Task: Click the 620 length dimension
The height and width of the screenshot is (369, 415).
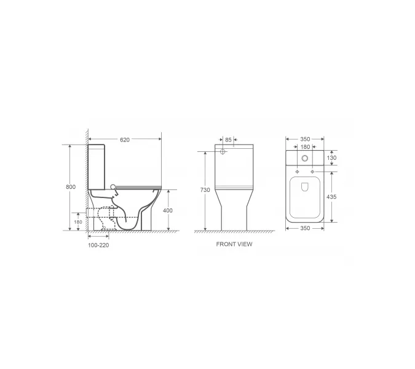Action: [125, 140]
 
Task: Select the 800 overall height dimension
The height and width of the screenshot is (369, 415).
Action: [71, 187]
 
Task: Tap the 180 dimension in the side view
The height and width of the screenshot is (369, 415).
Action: [78, 222]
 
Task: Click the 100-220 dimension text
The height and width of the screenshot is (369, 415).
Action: [98, 245]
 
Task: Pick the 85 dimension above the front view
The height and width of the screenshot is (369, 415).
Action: [228, 140]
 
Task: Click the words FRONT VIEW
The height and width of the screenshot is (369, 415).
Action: [234, 244]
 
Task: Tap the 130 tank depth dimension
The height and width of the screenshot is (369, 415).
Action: [333, 158]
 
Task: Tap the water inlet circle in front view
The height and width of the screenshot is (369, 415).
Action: [223, 151]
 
